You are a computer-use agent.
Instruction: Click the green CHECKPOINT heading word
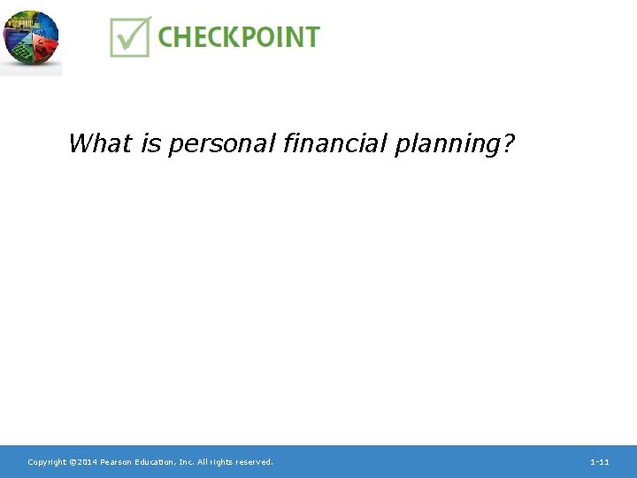tap(239, 37)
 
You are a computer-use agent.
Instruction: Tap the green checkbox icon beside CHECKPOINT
tap(130, 37)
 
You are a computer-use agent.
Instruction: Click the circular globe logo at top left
tap(30, 39)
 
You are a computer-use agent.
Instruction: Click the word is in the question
tap(149, 143)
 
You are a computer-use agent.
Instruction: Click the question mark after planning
tap(507, 143)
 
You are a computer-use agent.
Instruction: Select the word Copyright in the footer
tap(47, 462)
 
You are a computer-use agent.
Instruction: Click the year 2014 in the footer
tap(86, 462)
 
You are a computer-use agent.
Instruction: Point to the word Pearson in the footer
tap(117, 462)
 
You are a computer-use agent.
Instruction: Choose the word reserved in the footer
tap(257, 462)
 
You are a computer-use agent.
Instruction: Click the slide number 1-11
tap(600, 462)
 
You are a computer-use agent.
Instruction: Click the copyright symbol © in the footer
tap(72, 462)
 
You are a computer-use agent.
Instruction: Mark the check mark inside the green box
tap(132, 36)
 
